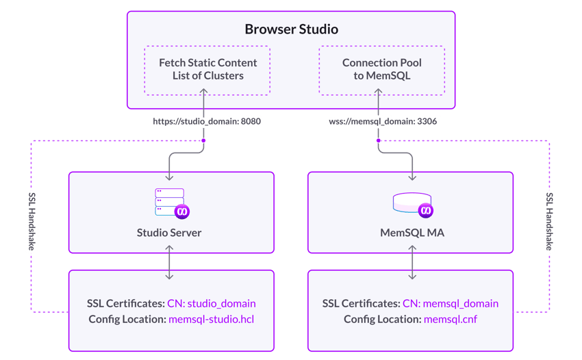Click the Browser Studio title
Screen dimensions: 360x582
[291, 30]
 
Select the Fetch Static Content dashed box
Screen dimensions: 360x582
[207, 69]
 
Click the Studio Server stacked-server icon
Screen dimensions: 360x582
[168, 203]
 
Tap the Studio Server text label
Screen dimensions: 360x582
[169, 233]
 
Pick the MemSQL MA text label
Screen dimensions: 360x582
[412, 233]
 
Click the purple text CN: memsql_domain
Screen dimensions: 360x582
[451, 303]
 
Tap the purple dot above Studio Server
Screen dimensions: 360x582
[203, 140]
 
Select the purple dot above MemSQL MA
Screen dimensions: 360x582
[378, 140]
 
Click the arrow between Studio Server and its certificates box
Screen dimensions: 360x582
[170, 262]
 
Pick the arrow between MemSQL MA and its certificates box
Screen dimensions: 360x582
[412, 262]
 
